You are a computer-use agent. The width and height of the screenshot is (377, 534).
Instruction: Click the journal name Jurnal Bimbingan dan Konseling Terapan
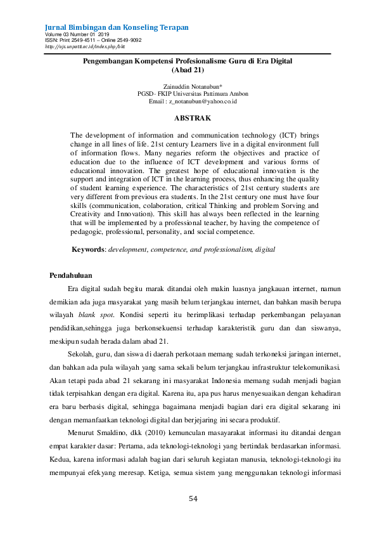click(x=117, y=28)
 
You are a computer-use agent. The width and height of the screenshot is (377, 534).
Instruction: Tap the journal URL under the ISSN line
click(x=85, y=46)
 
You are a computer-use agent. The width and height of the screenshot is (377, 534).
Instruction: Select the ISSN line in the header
click(x=93, y=40)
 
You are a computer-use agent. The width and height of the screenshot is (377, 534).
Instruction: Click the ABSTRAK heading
click(x=193, y=118)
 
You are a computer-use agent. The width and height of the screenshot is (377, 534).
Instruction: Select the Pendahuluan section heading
click(x=71, y=275)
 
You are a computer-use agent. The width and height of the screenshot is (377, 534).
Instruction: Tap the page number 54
click(x=193, y=498)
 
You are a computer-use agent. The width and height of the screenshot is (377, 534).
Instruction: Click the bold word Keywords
click(x=88, y=250)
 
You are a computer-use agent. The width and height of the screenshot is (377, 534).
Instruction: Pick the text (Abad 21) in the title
click(x=193, y=69)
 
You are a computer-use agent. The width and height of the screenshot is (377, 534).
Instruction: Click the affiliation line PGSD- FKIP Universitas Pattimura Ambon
click(x=193, y=93)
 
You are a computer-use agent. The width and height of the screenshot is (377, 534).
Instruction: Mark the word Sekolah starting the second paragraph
click(x=80, y=353)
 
